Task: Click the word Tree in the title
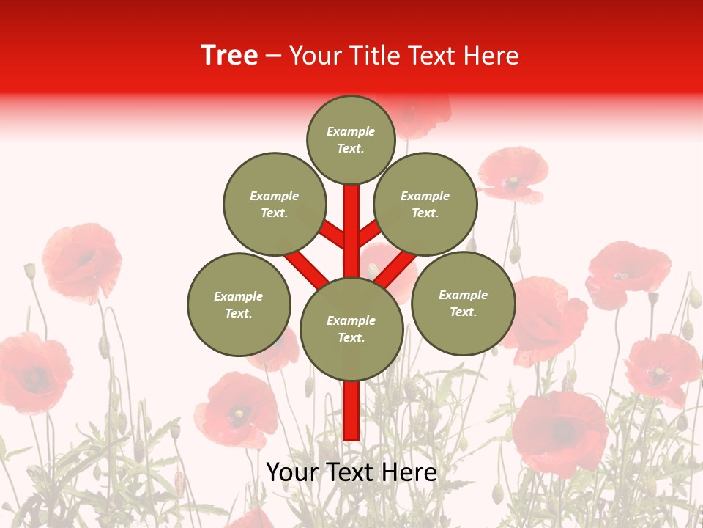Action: pyautogui.click(x=229, y=56)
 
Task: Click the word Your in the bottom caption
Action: pyautogui.click(x=292, y=473)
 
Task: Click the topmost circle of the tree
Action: pyautogui.click(x=351, y=139)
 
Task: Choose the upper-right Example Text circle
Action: pyautogui.click(x=425, y=204)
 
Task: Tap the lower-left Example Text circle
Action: pyautogui.click(x=239, y=304)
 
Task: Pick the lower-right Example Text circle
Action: pyautogui.click(x=463, y=303)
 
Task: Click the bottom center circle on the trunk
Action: pyautogui.click(x=351, y=329)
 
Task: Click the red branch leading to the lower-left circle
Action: pyautogui.click(x=306, y=268)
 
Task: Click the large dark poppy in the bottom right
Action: pyautogui.click(x=560, y=433)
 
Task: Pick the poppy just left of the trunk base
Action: pyautogui.click(x=236, y=411)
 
